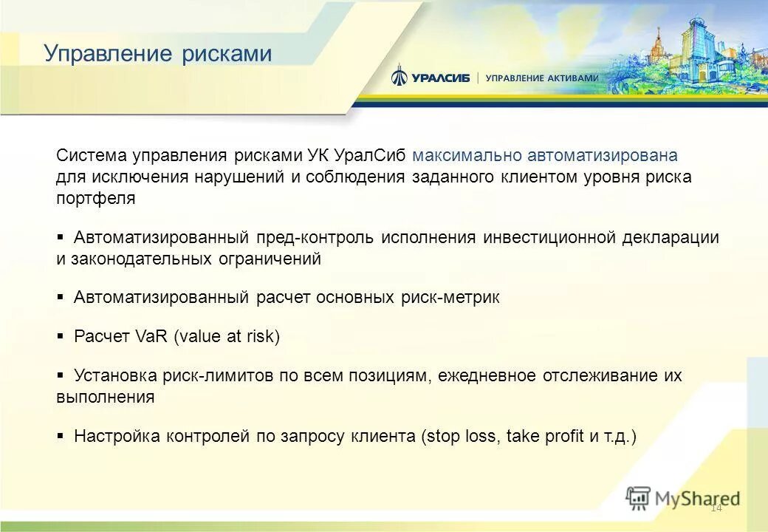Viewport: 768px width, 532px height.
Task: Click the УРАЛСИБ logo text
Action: click(x=441, y=78)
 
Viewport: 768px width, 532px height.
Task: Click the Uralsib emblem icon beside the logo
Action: click(x=399, y=75)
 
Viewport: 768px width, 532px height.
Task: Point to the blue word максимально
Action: click(x=467, y=156)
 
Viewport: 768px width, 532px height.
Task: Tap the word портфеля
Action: click(x=96, y=199)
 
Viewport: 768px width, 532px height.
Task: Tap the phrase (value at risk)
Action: click(x=227, y=337)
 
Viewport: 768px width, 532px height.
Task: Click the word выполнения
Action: click(x=105, y=397)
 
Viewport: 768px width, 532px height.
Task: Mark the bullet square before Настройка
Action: click(x=61, y=436)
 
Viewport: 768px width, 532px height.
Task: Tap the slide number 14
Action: click(x=716, y=508)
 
